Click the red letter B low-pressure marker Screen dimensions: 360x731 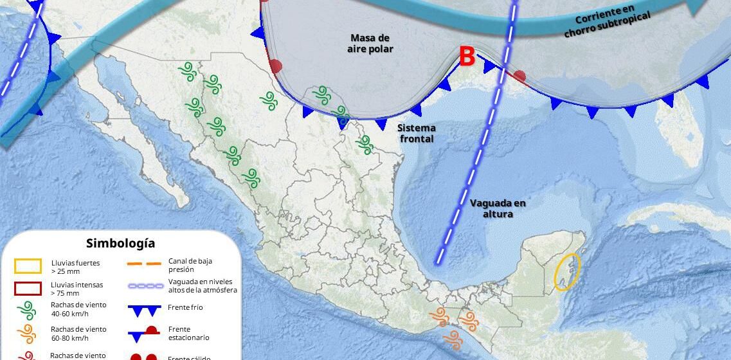pos(467,57)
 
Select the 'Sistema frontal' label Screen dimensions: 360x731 pos(417,133)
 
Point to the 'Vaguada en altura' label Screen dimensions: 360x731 pos(498,208)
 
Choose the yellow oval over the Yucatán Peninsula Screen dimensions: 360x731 pos(567,272)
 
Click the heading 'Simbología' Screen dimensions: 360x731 pos(120,243)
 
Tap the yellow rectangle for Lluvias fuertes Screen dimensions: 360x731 pos(28,265)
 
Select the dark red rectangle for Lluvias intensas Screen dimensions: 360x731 pos(28,289)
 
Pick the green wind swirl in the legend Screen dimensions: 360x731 pos(28,310)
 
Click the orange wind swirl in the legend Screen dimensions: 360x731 pos(28,333)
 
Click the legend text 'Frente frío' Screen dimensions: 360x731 pos(185,307)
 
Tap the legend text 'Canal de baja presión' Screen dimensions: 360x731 pos(190,265)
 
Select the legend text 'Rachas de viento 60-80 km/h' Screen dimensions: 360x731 pos(78,333)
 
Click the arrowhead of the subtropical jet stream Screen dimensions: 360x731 pos(696,7)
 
